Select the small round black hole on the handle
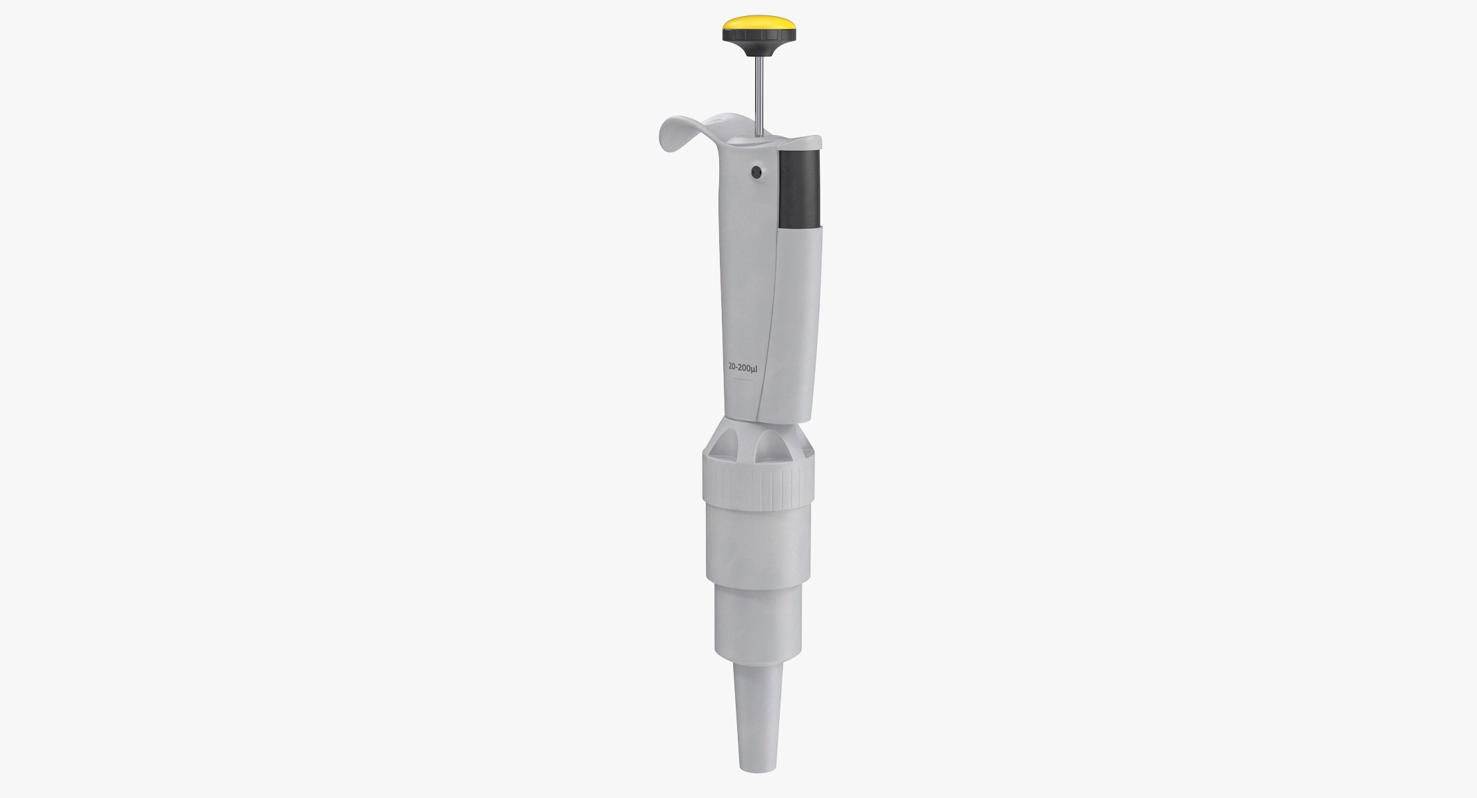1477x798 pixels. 756,172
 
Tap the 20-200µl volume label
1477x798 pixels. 742,366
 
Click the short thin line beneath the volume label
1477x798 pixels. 742,380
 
